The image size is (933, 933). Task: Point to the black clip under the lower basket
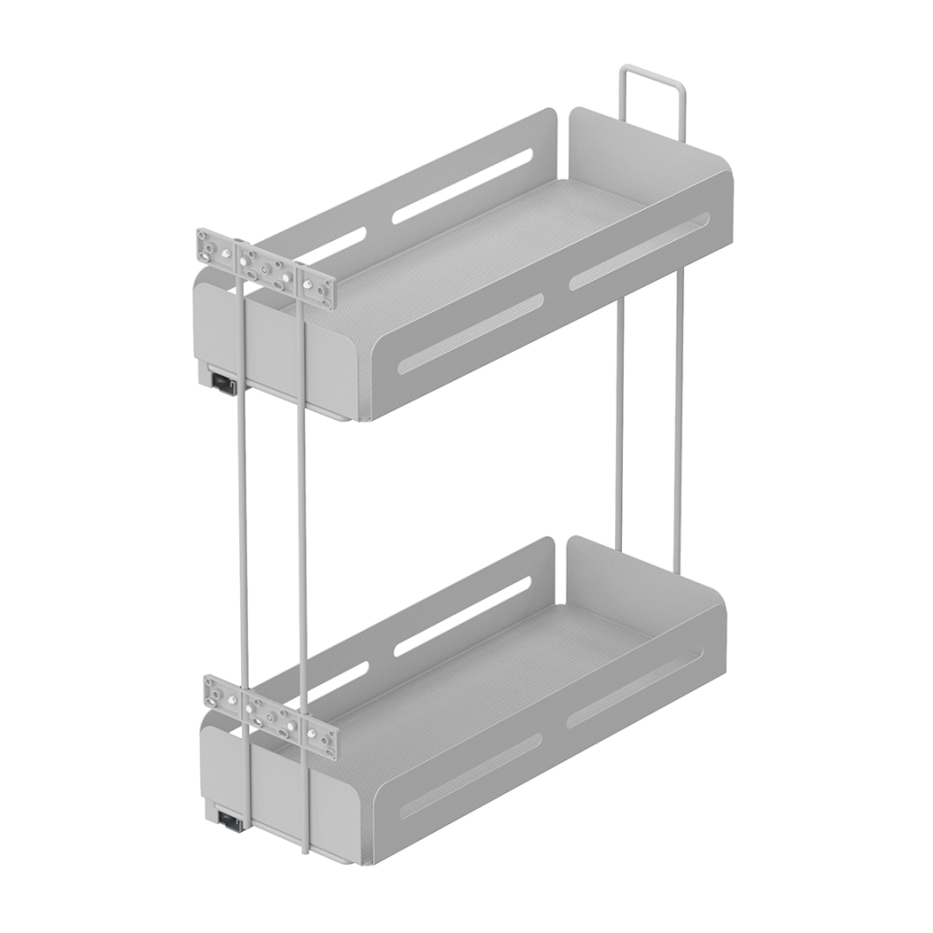[230, 821]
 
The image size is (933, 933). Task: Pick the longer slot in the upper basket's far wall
[462, 185]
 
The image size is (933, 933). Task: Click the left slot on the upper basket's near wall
[470, 334]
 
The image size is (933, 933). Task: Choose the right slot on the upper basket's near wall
[639, 251]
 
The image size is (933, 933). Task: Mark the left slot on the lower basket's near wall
[470, 774]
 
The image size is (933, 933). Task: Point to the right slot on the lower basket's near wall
[635, 687]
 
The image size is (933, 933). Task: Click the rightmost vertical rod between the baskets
[678, 418]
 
